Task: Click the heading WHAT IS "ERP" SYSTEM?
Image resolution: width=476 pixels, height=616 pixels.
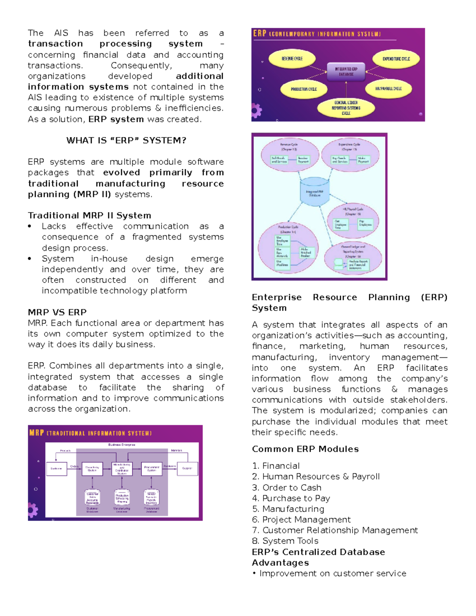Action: pyautogui.click(x=126, y=140)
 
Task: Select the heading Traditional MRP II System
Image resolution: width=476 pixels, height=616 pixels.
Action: pyautogui.click(x=89, y=215)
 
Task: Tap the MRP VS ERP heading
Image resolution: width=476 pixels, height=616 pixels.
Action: pyautogui.click(x=57, y=312)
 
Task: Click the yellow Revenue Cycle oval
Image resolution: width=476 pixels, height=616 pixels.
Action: pyautogui.click(x=292, y=59)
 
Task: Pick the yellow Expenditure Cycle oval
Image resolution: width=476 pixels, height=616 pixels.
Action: pyautogui.click(x=396, y=59)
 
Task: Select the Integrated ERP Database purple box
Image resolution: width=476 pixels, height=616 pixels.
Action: pyautogui.click(x=346, y=71)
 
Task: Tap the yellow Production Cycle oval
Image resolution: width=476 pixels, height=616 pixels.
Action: pyautogui.click(x=303, y=89)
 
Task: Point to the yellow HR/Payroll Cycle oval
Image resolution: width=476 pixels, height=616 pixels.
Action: pyautogui.click(x=388, y=89)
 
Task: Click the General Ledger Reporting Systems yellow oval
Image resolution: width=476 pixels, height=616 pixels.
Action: pyautogui.click(x=346, y=108)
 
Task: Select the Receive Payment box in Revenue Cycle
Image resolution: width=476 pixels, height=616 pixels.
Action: pyautogui.click(x=303, y=160)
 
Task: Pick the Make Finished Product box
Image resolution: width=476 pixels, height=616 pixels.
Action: pyautogui.click(x=306, y=253)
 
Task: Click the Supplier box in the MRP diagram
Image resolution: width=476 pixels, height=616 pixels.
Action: pyautogui.click(x=187, y=468)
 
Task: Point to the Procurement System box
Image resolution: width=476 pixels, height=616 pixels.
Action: pyautogui.click(x=152, y=469)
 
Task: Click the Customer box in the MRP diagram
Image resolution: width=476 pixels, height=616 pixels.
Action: pyautogui.click(x=56, y=468)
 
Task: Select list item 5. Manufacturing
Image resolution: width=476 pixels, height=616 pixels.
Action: pyautogui.click(x=288, y=509)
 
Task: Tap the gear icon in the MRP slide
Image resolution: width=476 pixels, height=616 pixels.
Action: pyautogui.click(x=33, y=510)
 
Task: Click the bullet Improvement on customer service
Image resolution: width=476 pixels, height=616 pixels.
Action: pyautogui.click(x=329, y=574)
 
